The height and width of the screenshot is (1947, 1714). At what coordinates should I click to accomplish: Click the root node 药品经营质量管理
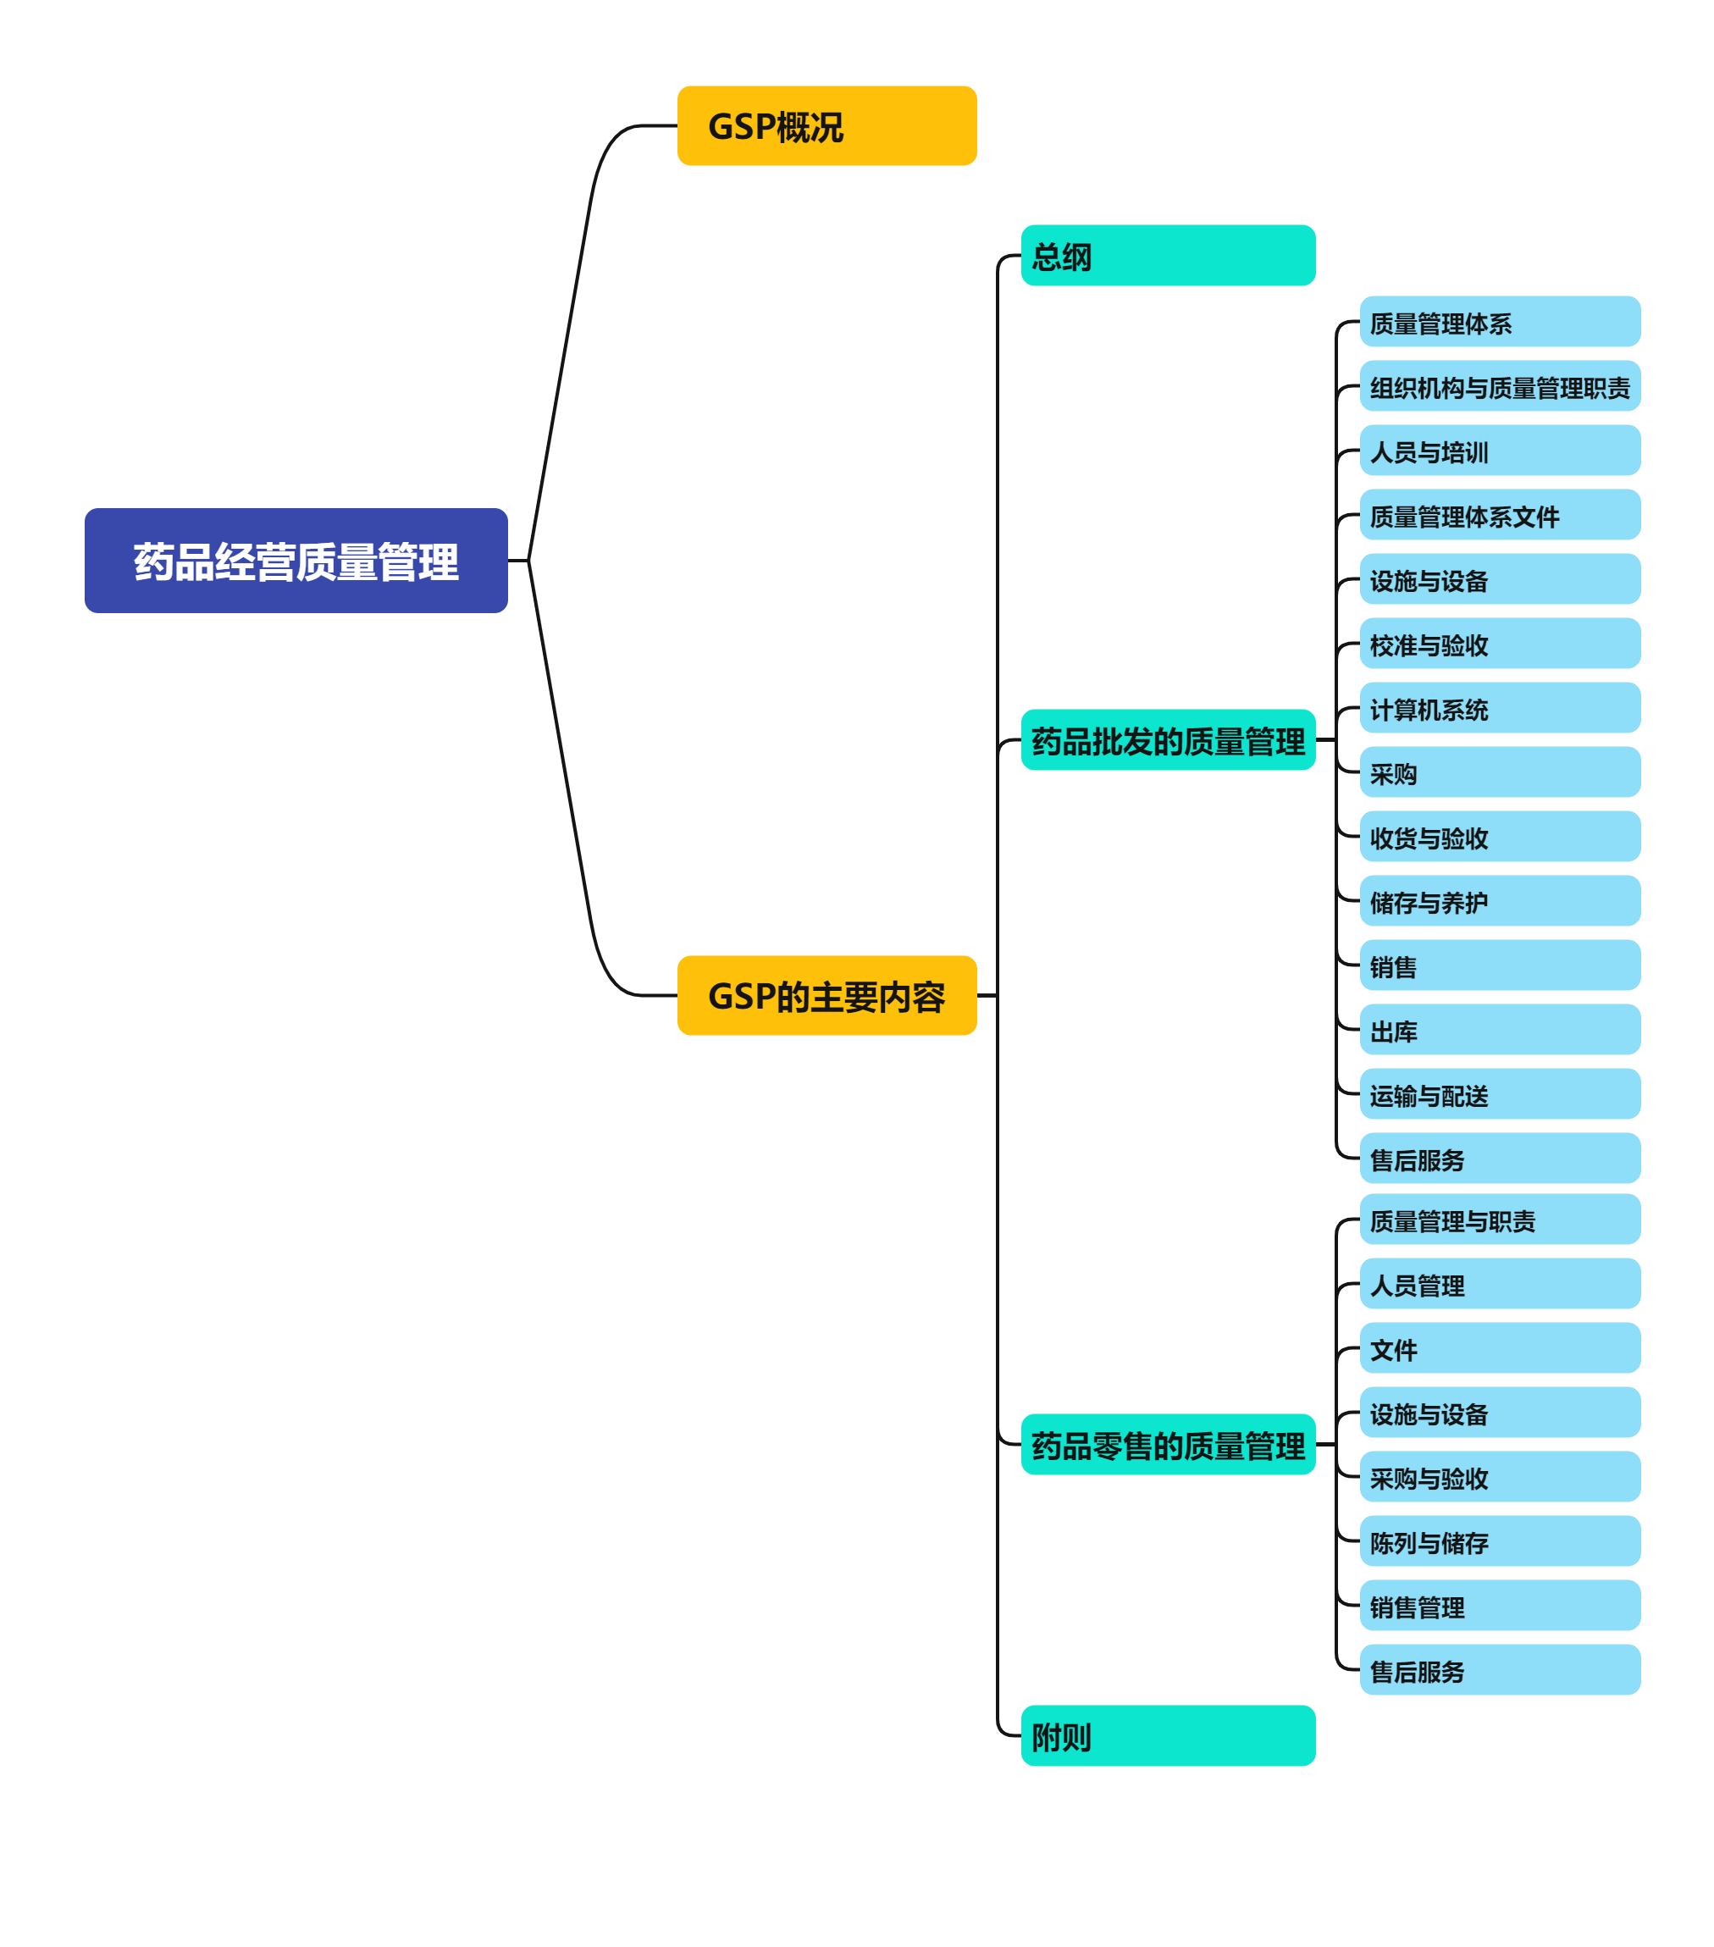coord(296,560)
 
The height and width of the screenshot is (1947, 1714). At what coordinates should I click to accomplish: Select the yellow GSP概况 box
coord(827,125)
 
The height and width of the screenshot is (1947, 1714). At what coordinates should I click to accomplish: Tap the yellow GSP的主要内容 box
coord(827,995)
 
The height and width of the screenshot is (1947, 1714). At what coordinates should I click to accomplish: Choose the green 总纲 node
coord(1168,255)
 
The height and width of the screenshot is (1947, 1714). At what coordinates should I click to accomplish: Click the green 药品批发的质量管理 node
coord(1168,740)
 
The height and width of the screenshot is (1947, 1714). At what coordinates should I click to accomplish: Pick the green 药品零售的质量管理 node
coord(1168,1445)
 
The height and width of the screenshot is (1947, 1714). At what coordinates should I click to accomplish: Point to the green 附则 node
coord(1168,1735)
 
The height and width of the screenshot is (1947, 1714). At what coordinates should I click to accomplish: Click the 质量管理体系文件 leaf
coord(1499,515)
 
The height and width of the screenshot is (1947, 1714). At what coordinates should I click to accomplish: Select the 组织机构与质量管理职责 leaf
coord(1499,387)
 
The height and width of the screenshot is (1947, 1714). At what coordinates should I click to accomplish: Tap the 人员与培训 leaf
coord(1499,451)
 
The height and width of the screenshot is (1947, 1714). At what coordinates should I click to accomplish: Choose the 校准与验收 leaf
coord(1499,644)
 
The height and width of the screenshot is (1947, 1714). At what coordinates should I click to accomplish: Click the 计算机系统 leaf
coord(1499,708)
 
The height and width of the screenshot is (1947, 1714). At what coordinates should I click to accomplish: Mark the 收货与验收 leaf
coord(1499,837)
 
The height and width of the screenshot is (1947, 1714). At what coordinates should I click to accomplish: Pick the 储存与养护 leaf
coord(1499,901)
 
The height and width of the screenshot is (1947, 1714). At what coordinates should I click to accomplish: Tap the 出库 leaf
coord(1499,1030)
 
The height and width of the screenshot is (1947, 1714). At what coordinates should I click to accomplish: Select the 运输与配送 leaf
coord(1499,1094)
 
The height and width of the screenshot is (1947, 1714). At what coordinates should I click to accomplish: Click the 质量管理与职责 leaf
coord(1499,1220)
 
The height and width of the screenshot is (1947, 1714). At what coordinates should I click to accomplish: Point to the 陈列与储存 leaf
coord(1499,1541)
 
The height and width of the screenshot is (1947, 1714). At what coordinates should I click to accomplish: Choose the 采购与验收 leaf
coord(1499,1476)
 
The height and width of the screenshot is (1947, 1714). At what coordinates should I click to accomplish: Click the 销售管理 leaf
coord(1499,1606)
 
